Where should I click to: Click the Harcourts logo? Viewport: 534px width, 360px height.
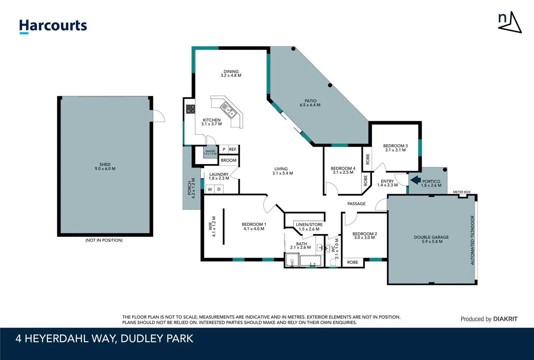tap(53, 26)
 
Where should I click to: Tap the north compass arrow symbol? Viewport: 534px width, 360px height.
tap(510, 22)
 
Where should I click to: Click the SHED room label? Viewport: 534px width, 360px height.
tap(105, 164)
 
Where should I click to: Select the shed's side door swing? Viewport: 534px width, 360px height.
tap(159, 116)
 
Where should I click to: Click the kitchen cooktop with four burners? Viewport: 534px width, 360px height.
tap(191, 109)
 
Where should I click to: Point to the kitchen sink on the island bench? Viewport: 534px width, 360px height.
tap(229, 110)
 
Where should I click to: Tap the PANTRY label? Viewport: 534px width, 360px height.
tap(210, 151)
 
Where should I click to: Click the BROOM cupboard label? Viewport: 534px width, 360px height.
tap(229, 160)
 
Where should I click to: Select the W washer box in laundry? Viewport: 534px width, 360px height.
tap(210, 189)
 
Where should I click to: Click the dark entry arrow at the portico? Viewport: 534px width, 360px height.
tap(415, 180)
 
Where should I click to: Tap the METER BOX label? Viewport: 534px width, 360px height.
tap(462, 192)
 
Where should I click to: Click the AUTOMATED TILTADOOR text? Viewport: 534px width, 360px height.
tap(472, 240)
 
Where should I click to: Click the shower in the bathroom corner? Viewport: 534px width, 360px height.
tap(292, 260)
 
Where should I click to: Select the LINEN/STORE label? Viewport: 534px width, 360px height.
tap(309, 225)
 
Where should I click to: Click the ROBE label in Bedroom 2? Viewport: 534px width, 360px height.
tap(352, 262)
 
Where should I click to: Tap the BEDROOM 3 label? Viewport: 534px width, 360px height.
tap(395, 146)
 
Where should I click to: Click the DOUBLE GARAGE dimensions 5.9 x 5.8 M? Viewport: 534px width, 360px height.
tap(432, 242)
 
